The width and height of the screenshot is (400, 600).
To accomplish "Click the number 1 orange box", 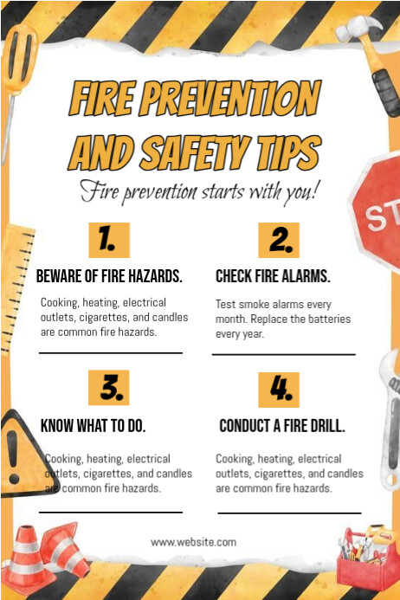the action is tap(109, 240).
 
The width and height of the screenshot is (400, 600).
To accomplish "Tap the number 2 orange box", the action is tap(279, 240).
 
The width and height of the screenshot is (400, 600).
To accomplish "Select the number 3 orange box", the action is tap(109, 387).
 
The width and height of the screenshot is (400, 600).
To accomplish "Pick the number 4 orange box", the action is tap(279, 390).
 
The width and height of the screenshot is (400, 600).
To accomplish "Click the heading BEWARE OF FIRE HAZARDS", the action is tap(109, 276).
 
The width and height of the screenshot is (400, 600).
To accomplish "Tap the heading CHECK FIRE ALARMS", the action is tap(273, 276).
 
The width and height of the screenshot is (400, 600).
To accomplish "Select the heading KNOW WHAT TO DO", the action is tap(93, 425).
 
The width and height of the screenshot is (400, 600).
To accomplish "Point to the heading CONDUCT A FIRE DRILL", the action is tap(282, 425).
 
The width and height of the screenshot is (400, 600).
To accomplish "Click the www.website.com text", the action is tap(193, 542).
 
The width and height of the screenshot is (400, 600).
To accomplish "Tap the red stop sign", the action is tap(377, 211).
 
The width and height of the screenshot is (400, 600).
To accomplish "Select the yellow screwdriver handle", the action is tap(18, 61).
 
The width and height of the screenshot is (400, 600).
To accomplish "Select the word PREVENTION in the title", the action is tap(230, 99).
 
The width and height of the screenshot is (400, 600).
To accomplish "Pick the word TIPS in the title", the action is tap(289, 152).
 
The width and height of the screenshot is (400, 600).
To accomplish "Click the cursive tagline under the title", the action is tap(198, 191).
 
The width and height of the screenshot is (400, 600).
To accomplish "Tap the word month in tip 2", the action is tap(230, 319).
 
